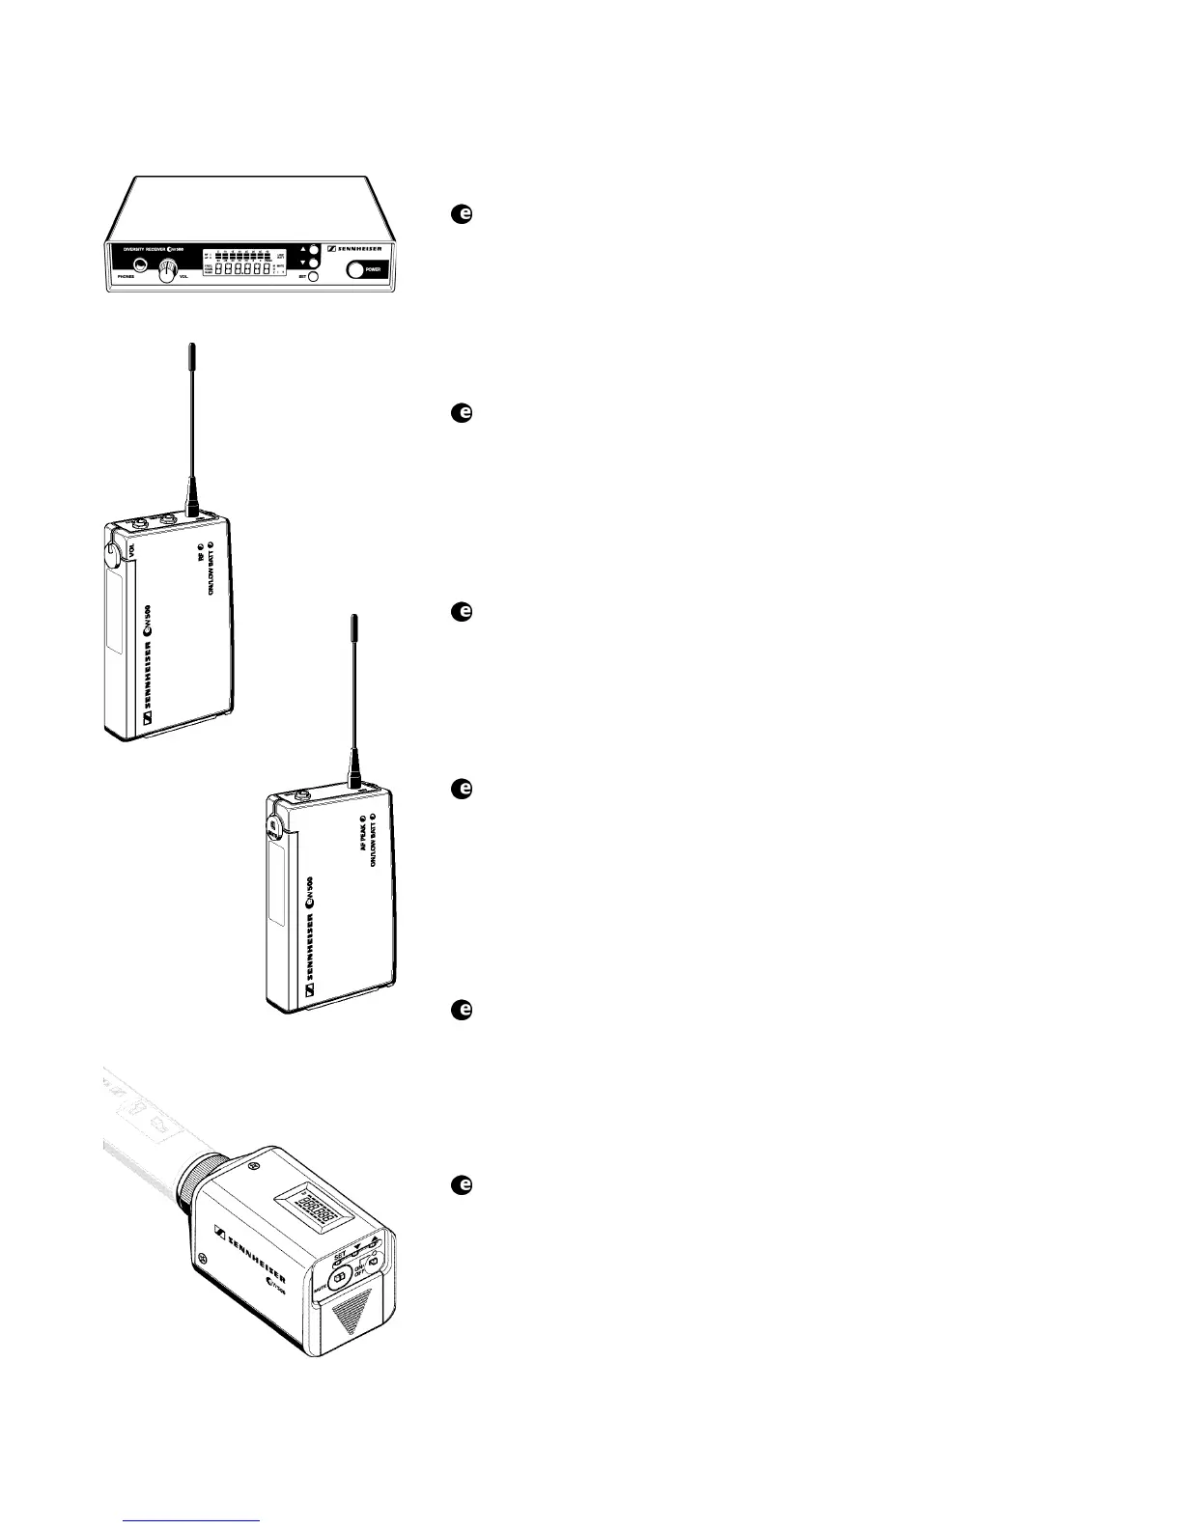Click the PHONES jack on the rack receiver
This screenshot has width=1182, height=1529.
(141, 265)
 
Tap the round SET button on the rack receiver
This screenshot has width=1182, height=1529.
(313, 276)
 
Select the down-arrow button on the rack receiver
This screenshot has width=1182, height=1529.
(313, 262)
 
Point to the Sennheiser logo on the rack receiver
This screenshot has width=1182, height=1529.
(355, 248)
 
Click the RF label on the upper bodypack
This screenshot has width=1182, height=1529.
(200, 556)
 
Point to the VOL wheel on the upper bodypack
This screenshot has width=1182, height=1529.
(109, 552)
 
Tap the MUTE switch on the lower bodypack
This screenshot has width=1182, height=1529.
(272, 825)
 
